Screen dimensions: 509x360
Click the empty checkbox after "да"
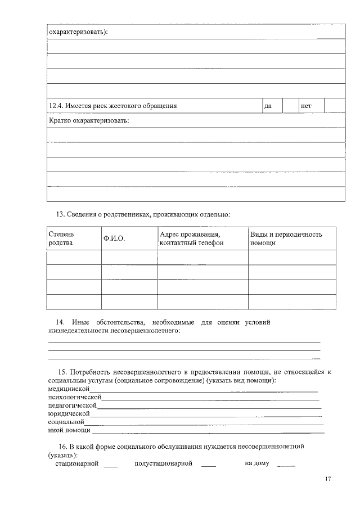click(290, 106)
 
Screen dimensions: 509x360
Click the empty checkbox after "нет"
click(334, 106)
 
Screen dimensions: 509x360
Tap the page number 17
click(328, 479)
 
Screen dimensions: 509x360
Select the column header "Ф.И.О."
click(114, 239)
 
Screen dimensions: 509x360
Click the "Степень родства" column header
click(61, 238)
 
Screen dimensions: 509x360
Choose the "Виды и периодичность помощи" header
click(286, 238)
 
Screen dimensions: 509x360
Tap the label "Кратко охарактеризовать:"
click(89, 120)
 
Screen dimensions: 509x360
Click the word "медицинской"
click(69, 389)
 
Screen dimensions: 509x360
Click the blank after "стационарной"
click(111, 465)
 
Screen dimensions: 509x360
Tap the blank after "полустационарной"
click(208, 465)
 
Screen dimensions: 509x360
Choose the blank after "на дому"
click(286, 465)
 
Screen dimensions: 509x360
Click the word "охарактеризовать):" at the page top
click(78, 31)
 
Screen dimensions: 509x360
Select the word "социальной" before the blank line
click(66, 421)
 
